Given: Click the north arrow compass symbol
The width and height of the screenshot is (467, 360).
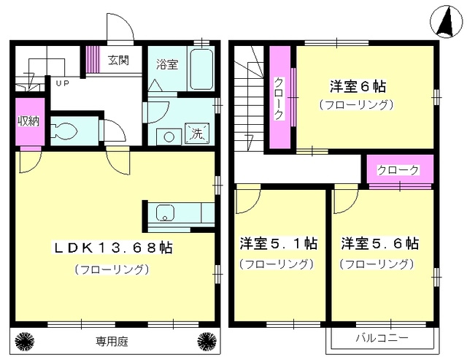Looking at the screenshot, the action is (445, 22).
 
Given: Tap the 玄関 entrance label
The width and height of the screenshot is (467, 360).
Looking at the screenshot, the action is (118, 60).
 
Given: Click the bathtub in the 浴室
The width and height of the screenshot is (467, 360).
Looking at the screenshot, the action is (201, 69).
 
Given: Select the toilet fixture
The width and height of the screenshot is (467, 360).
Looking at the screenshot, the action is (63, 131).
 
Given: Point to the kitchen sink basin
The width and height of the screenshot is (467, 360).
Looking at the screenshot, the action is (165, 213).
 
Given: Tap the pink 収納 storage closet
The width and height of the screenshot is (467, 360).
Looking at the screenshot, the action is (30, 122).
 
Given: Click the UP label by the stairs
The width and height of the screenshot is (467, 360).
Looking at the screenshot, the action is (63, 83).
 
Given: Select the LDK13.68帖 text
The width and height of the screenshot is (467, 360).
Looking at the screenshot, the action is (112, 248).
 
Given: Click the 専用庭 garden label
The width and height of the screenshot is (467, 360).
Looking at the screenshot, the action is (112, 341).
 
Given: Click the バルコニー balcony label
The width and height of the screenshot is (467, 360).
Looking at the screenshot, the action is (382, 338).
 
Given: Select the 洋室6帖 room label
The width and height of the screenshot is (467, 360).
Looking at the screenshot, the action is (358, 86).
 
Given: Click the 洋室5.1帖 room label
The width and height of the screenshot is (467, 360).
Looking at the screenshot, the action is (279, 243).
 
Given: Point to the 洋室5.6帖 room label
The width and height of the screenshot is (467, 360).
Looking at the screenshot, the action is (380, 243).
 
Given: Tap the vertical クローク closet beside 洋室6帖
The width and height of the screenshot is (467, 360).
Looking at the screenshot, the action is (280, 97).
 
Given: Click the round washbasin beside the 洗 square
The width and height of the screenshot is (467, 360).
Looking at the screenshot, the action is (169, 137).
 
